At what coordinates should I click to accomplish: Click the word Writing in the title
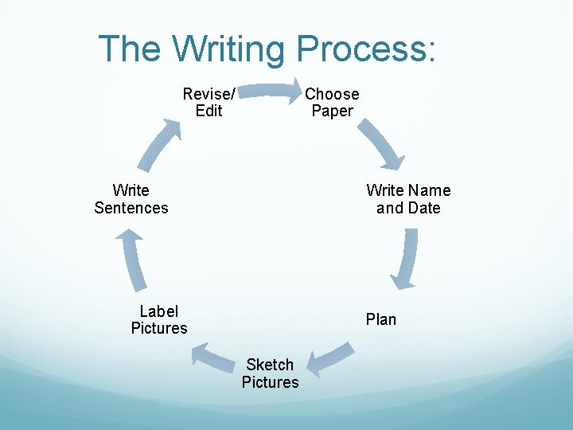(228, 49)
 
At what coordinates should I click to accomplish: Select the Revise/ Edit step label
(209, 103)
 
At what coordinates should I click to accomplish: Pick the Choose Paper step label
(332, 103)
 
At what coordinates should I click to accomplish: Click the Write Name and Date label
(408, 199)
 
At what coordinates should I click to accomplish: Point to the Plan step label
(380, 319)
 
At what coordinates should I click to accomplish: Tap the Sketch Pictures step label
(270, 373)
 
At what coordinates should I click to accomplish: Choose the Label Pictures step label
(159, 319)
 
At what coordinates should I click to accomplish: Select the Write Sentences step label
(131, 199)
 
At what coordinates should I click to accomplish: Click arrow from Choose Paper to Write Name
(381, 144)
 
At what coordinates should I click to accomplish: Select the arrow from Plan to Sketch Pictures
(329, 358)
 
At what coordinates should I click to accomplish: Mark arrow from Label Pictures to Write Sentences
(133, 258)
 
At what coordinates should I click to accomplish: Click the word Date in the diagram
(424, 208)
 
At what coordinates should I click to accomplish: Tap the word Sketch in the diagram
(270, 365)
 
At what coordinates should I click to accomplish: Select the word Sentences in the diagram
(131, 208)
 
